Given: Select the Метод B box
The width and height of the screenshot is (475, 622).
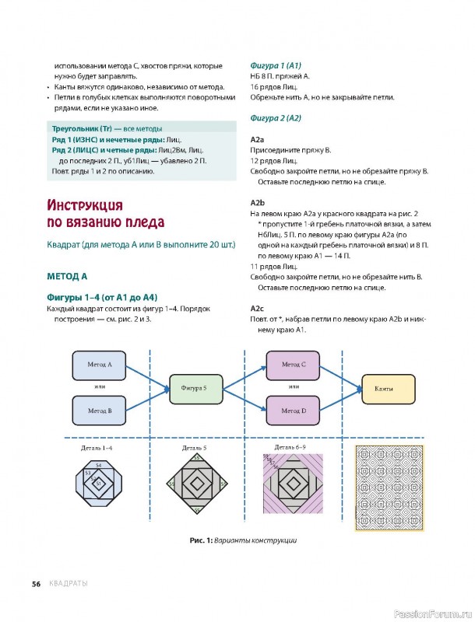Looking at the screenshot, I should [100, 410].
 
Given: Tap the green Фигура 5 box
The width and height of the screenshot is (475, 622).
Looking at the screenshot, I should [194, 386].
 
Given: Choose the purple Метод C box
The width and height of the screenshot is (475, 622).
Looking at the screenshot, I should [294, 364].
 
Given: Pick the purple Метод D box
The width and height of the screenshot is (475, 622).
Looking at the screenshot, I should [294, 410].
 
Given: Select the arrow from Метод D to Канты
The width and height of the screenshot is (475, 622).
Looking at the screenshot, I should [341, 399].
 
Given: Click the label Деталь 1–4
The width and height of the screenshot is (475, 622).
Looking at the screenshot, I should [97, 449].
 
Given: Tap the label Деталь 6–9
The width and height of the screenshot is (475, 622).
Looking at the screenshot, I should [290, 448].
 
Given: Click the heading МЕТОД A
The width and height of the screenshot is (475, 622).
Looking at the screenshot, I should [67, 276].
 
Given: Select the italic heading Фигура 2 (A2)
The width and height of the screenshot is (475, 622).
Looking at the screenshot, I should [275, 118].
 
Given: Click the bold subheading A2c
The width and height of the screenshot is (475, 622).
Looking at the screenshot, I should [258, 308].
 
